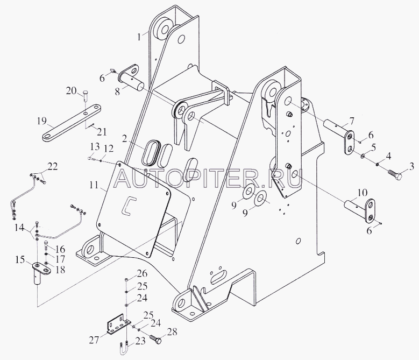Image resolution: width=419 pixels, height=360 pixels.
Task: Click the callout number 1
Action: pyautogui.click(x=139, y=37)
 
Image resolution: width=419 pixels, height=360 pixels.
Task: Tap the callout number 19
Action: pyautogui.click(x=42, y=121)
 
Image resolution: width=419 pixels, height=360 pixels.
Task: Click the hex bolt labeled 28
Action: pyautogui.click(x=156, y=339)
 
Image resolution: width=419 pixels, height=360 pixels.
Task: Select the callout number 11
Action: pyautogui.click(x=94, y=185)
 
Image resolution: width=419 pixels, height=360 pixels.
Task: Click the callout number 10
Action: pyautogui.click(x=362, y=193)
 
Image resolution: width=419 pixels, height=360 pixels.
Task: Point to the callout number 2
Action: pyautogui.click(x=124, y=139)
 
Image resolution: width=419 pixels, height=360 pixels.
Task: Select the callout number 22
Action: pyautogui.click(x=52, y=166)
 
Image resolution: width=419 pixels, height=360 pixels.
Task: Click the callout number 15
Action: pyautogui.click(x=20, y=259)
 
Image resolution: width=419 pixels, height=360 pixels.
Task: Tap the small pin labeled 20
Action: pyautogui.click(x=85, y=95)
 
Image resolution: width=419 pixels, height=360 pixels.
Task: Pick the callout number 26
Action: pyautogui.click(x=142, y=273)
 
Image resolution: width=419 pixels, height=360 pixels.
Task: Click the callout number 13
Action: pyautogui.click(x=95, y=146)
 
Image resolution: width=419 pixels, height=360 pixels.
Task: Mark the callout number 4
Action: pyautogui.click(x=388, y=156)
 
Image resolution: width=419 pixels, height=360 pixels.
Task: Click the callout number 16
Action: pyautogui.click(x=60, y=249)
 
